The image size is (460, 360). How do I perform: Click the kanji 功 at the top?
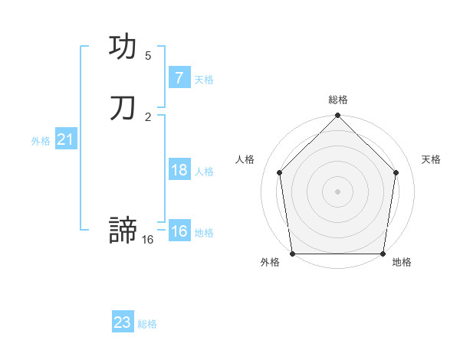coord(123,47)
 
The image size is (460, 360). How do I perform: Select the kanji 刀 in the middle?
coord(123,108)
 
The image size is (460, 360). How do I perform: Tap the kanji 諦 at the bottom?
coord(123,231)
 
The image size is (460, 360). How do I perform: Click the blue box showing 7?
coord(179,77)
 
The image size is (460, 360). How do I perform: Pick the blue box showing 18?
coord(179,169)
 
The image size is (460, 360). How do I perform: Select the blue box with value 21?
coord(65,139)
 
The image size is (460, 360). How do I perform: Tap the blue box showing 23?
coord(122,322)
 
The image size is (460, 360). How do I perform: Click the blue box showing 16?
coord(179,231)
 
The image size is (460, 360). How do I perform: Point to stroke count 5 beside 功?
coord(148,55)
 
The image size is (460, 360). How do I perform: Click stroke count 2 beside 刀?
coord(148,116)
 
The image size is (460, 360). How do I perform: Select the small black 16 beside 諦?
coord(148,240)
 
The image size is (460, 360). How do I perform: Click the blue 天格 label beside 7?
coord(204,79)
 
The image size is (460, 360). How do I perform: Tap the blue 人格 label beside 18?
coord(204,172)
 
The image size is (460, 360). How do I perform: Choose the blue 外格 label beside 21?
coord(41,141)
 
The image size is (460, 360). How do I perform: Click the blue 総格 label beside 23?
coord(147,324)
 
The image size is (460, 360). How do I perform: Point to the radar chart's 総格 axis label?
coord(337,100)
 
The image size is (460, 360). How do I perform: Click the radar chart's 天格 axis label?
coord(431,159)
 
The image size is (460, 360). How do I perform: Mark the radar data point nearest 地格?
coord(383,254)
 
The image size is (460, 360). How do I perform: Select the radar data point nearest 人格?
coord(280,172)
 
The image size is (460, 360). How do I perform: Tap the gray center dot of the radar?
coord(337,191)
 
